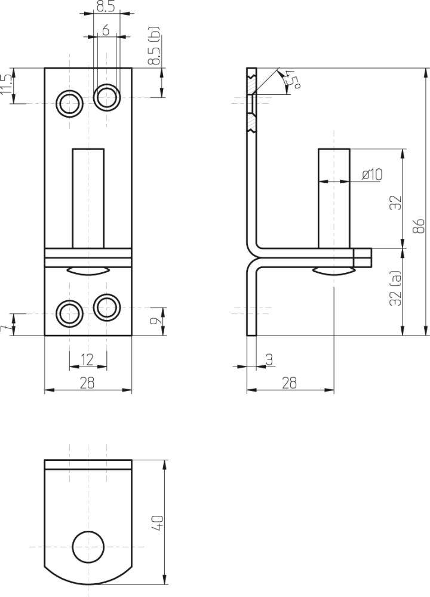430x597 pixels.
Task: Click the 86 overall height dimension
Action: point(420,226)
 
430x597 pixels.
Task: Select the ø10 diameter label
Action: point(372,174)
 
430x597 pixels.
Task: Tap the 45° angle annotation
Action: point(291,79)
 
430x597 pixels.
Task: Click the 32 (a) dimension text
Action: point(395,290)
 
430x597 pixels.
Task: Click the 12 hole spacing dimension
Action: point(87,359)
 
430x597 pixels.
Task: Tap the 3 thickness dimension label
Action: point(269,359)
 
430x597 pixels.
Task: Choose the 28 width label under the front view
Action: point(87,383)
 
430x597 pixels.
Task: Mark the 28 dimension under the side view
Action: point(289,383)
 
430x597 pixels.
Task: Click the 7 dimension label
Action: point(5,330)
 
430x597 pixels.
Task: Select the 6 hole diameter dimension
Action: point(105,30)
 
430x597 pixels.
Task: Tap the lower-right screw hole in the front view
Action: point(107,307)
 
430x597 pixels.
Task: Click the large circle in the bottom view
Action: point(88,546)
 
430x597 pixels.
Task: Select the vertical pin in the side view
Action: point(333,197)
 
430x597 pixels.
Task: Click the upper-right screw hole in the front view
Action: point(107,97)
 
